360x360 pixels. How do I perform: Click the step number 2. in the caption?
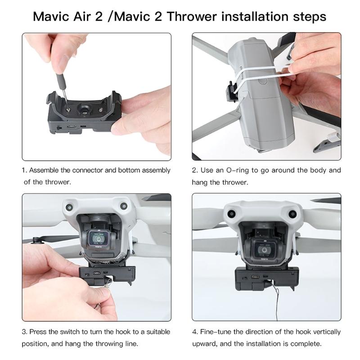[195, 171]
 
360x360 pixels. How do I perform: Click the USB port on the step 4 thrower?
[256, 277]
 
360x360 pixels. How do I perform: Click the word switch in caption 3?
[76, 332]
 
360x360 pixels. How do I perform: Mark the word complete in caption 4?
[306, 344]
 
